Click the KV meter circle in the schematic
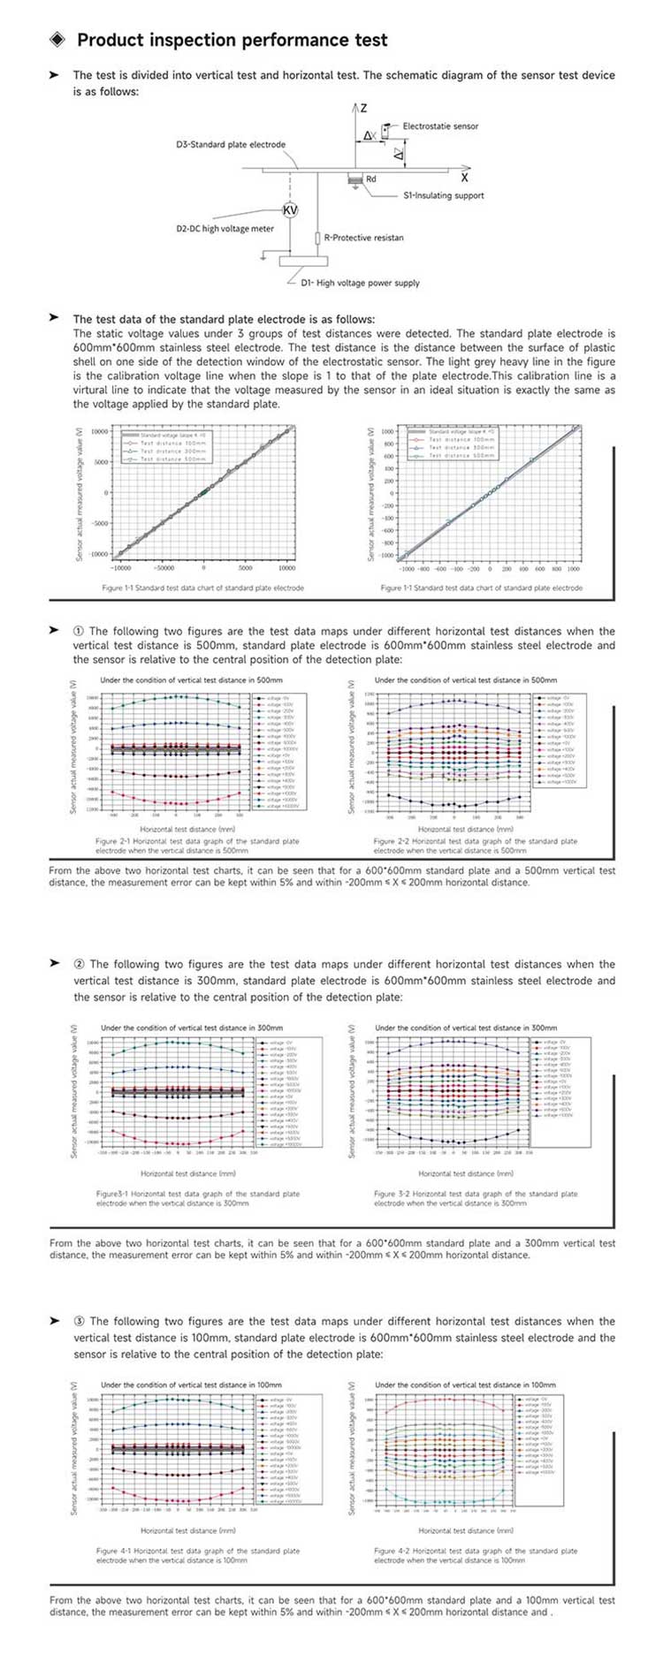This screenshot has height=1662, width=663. [x=290, y=209]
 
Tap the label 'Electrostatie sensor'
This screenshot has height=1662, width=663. [x=440, y=126]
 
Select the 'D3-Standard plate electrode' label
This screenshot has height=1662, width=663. [x=231, y=145]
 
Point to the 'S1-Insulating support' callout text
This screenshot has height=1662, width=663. [x=444, y=195]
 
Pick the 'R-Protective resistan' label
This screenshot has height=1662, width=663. [x=363, y=238]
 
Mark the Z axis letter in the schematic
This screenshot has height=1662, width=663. [x=363, y=109]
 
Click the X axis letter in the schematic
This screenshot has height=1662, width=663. [x=464, y=178]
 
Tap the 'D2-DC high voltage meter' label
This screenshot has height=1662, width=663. [x=225, y=229]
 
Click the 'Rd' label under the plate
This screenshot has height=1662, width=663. [x=371, y=179]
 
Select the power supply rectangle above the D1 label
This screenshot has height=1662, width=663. [x=303, y=261]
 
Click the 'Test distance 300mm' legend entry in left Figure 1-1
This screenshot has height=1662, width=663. [x=173, y=452]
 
